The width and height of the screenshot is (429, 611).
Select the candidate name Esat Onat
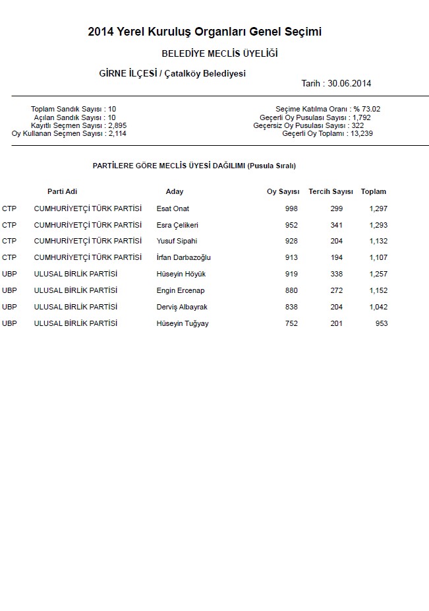pos(173,209)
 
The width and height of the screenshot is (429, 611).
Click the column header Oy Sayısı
pos(283,191)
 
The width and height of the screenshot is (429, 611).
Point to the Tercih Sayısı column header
pos(331,191)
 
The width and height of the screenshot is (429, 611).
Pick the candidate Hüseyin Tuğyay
pos(183,323)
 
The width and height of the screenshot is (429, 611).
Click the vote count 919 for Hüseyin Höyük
pos(291,274)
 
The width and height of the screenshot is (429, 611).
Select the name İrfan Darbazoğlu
pos(183,257)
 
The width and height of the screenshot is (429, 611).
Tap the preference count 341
pos(336,225)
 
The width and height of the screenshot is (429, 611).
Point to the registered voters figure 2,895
pos(117,125)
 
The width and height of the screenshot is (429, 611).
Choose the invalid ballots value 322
pos(358,125)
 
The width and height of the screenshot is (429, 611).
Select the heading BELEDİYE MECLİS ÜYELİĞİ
pos(219,53)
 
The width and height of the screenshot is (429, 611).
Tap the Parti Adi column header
pos(63,191)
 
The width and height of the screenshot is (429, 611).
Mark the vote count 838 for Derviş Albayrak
pos(291,307)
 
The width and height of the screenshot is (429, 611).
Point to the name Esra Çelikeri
pos(177,225)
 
